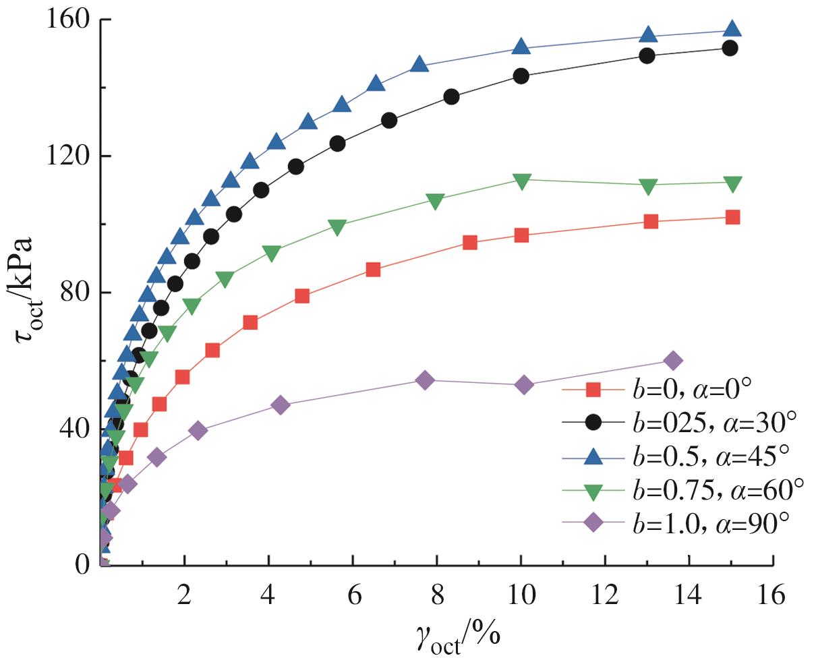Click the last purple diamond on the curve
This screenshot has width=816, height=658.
coord(672,361)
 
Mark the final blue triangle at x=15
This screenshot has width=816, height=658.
coord(732,29)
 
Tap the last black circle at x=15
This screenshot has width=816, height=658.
coord(729,48)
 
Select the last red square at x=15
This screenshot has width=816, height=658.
coord(732,217)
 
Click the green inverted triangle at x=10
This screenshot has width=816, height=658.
coord(521,181)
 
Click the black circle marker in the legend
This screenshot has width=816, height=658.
coord(592,423)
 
